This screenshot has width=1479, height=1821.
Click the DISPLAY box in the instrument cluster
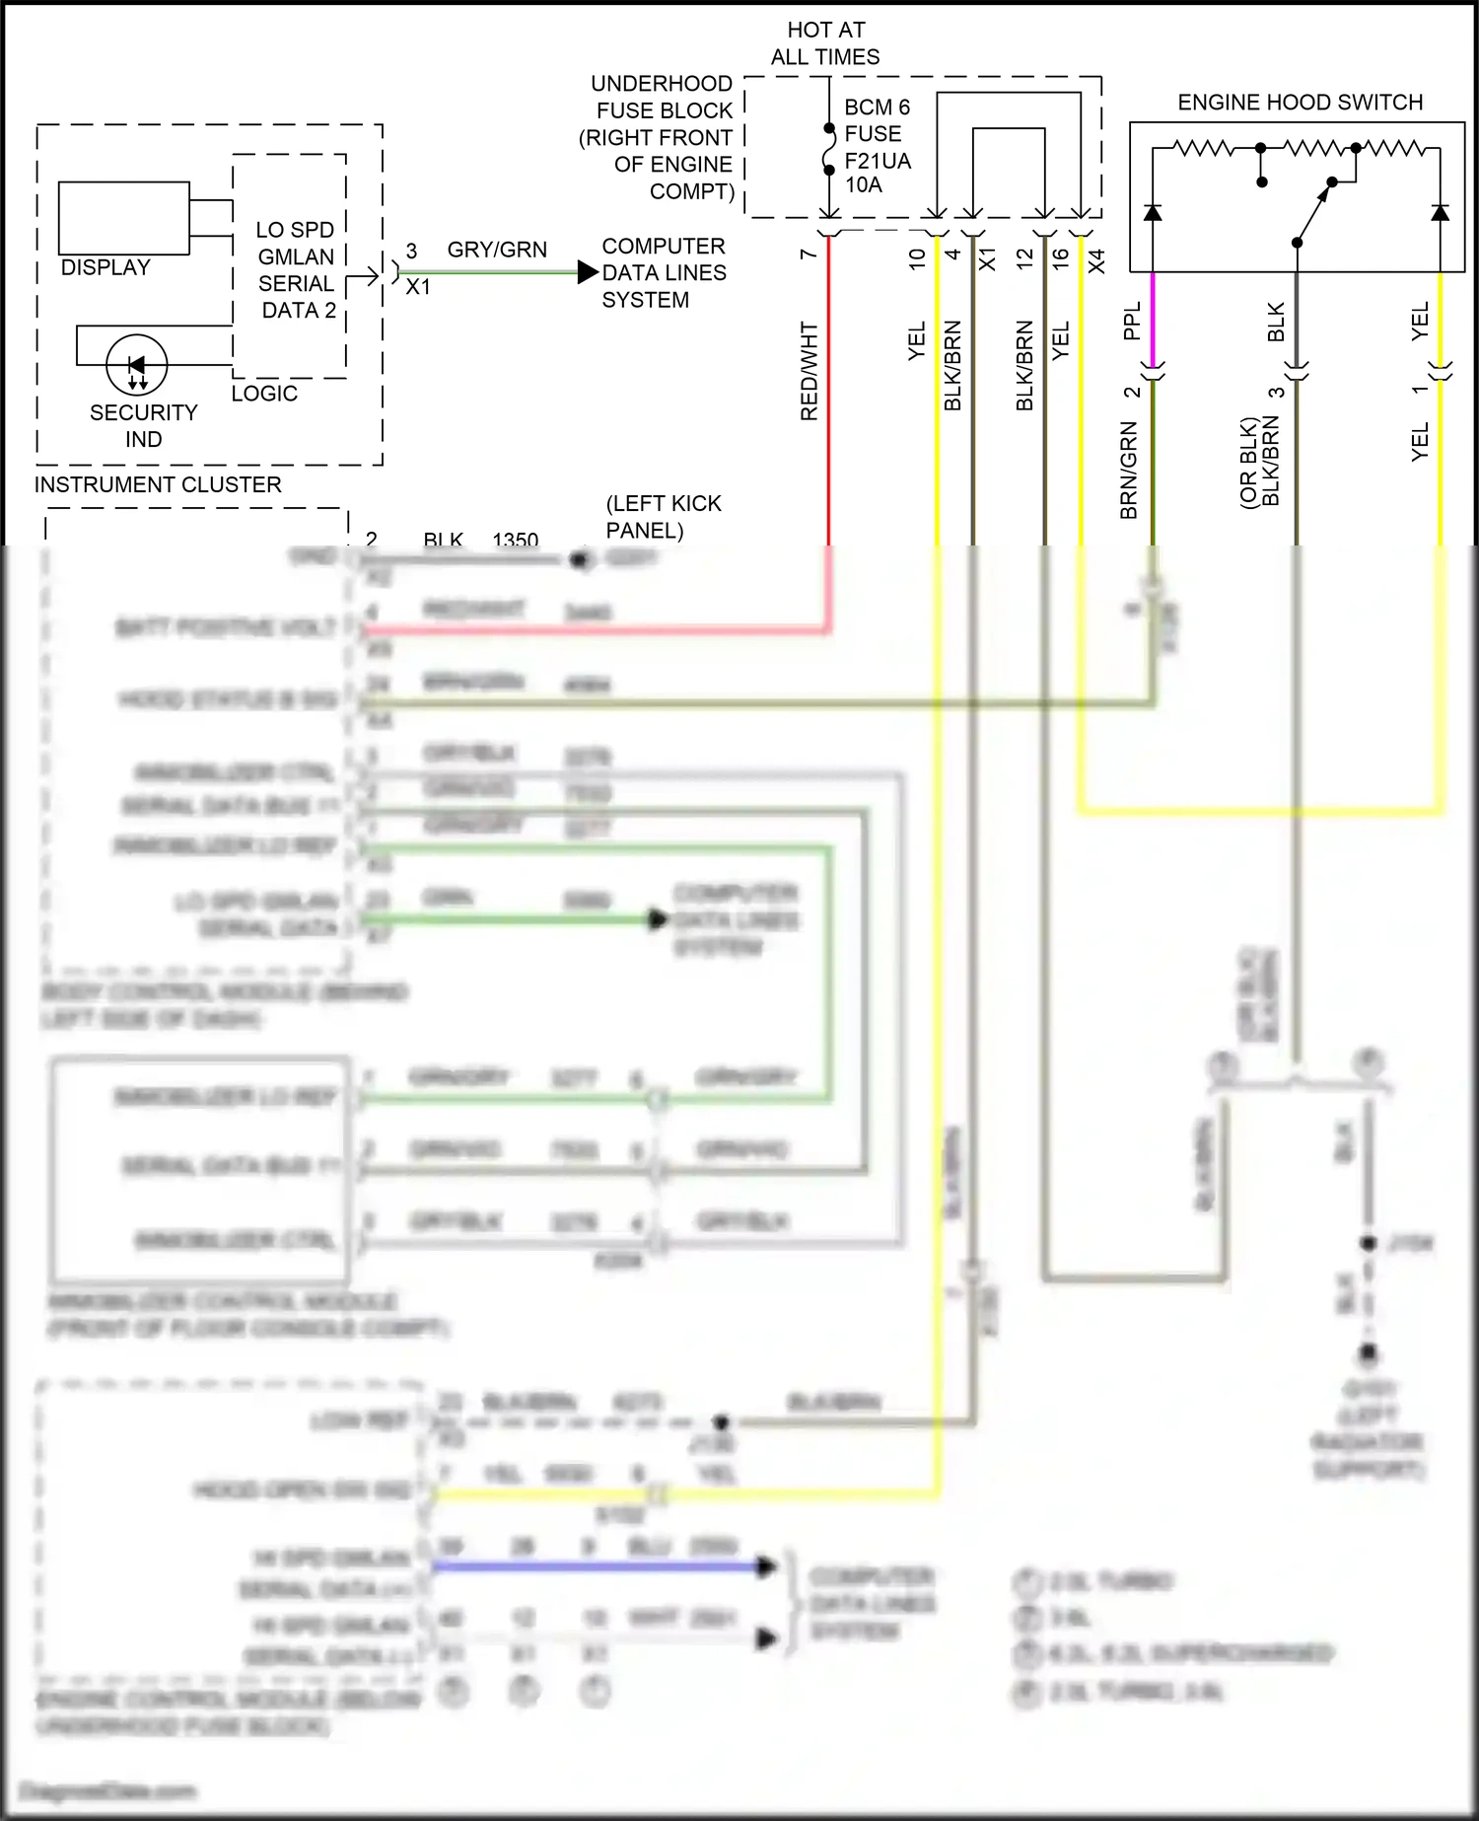tap(124, 218)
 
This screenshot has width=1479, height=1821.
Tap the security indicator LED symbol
tap(137, 365)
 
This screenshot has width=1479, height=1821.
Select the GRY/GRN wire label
tap(497, 250)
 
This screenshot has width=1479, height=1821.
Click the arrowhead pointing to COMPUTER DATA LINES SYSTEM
tap(588, 272)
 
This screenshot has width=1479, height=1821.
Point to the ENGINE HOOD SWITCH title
tap(1300, 103)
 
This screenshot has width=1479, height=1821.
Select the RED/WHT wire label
tap(810, 371)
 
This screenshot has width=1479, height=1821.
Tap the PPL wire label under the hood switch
tap(1132, 321)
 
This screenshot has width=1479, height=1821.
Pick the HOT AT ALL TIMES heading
tap(825, 43)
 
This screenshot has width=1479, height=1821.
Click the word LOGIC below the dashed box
tap(264, 394)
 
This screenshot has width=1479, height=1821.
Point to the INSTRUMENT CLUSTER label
tap(158, 484)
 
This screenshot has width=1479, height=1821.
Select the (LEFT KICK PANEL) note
tap(663, 517)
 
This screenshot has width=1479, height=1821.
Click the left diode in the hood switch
tap(1152, 212)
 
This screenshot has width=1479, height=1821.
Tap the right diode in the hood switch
tap(1440, 212)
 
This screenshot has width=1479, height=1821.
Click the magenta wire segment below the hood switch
tap(1152, 316)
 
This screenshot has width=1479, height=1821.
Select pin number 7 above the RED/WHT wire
tap(809, 255)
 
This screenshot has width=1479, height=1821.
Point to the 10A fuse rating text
tap(864, 184)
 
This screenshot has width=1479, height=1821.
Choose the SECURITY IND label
tap(144, 425)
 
